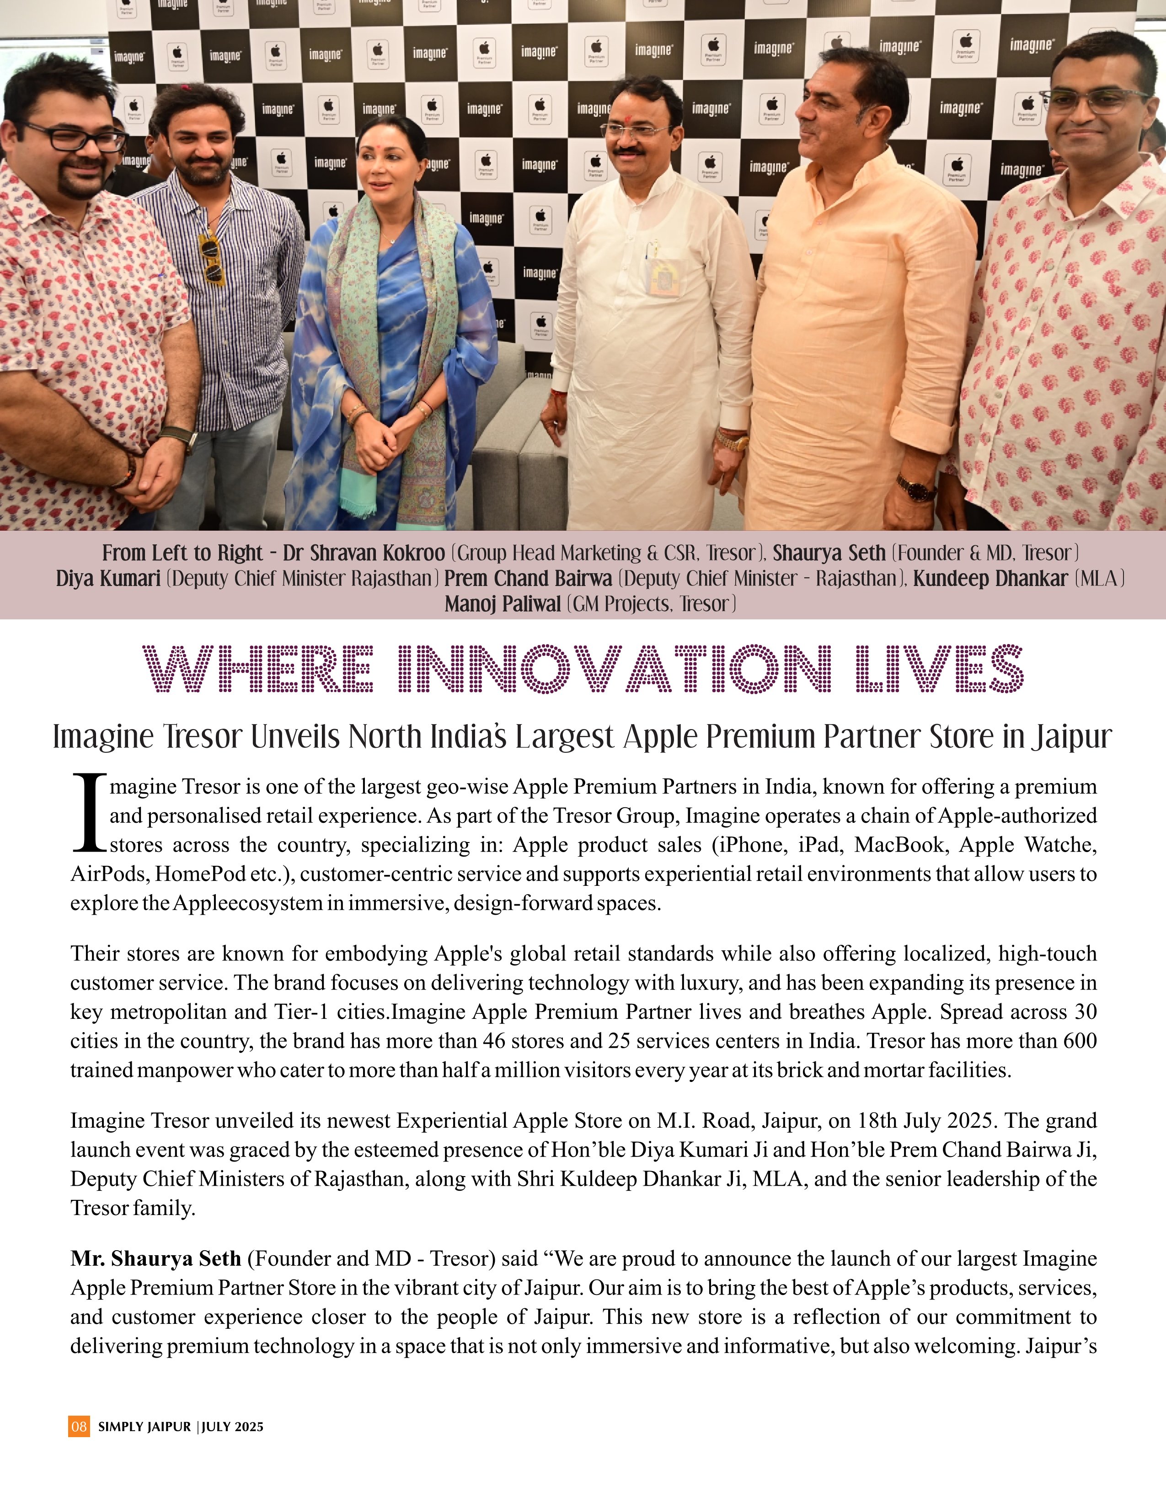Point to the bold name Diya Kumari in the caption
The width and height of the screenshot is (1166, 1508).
coord(108,579)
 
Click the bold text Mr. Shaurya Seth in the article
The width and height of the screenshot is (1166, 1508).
coord(155,1259)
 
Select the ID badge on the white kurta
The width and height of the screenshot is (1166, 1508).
coord(663,276)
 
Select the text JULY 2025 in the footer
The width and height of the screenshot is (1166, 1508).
coord(233,1427)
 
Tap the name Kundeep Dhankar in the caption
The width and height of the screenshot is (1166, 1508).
coord(990,579)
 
